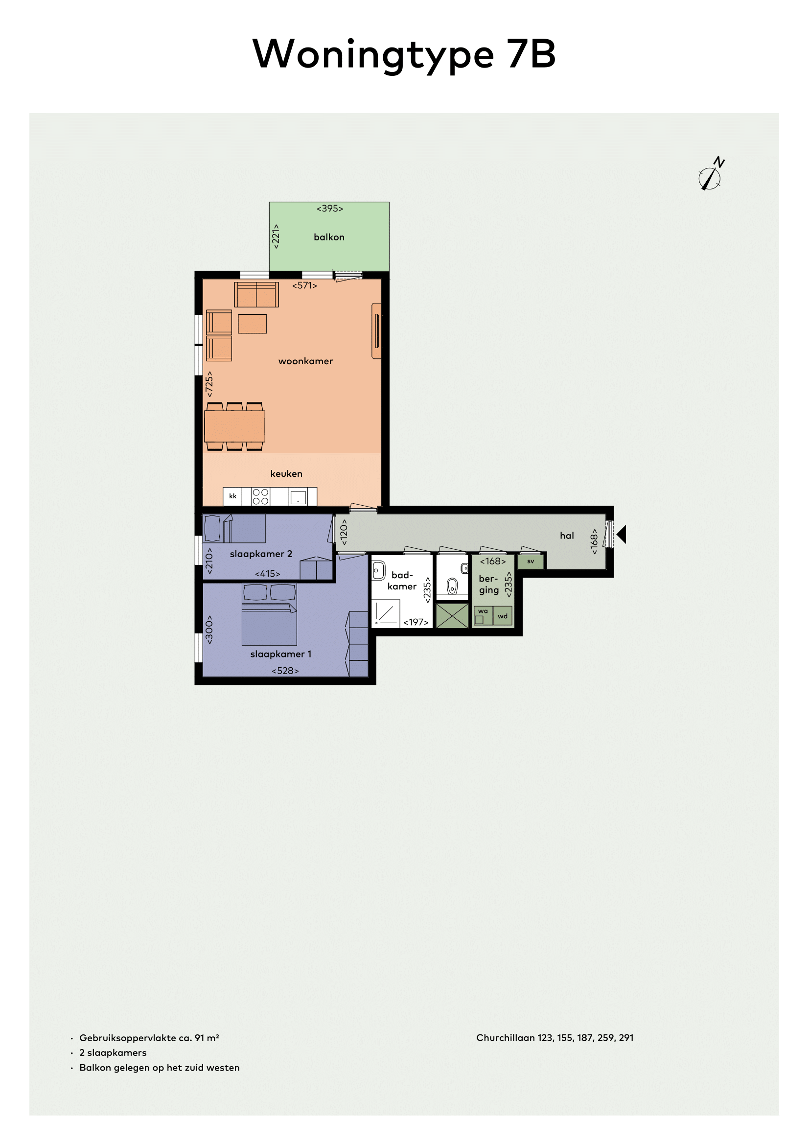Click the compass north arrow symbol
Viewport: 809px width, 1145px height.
click(711, 175)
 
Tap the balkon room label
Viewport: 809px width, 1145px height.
click(329, 237)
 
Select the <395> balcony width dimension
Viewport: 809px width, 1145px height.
click(330, 209)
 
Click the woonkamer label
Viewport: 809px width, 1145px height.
click(305, 361)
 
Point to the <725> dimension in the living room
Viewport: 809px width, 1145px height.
click(209, 384)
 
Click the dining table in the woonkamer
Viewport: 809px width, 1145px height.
click(235, 426)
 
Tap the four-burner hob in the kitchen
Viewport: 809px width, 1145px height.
click(261, 497)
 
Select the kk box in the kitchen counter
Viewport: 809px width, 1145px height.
click(233, 496)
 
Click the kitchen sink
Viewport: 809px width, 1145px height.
click(298, 498)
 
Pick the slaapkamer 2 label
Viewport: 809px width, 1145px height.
click(261, 554)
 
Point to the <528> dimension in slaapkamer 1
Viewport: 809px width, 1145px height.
click(285, 671)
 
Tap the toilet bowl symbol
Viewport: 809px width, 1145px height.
click(452, 586)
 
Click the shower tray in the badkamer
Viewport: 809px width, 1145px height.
click(386, 613)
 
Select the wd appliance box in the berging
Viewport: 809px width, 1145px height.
click(503, 616)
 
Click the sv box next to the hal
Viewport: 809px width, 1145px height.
click(531, 561)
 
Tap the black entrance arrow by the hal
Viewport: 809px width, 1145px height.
click(621, 534)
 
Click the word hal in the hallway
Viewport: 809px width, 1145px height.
click(567, 536)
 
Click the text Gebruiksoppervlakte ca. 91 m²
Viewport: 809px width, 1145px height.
click(149, 1038)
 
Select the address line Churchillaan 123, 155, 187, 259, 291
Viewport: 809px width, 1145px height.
click(555, 1038)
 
